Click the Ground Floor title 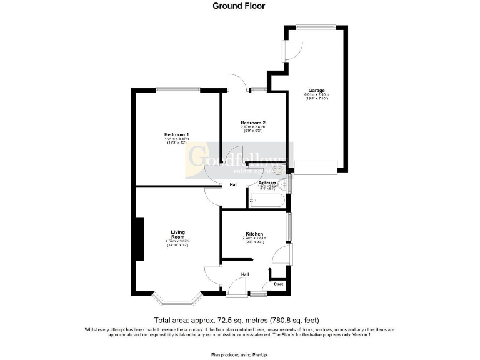pyautogui.click(x=239, y=6)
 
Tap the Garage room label pyautogui.click(x=316, y=91)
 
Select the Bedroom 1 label pyautogui.click(x=176, y=135)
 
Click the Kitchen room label pyautogui.click(x=254, y=234)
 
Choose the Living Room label pyautogui.click(x=177, y=235)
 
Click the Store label pyautogui.click(x=278, y=284)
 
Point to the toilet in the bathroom pyautogui.click(x=278, y=170)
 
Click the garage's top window pyautogui.click(x=316, y=26)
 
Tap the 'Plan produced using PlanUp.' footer pyautogui.click(x=239, y=354)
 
